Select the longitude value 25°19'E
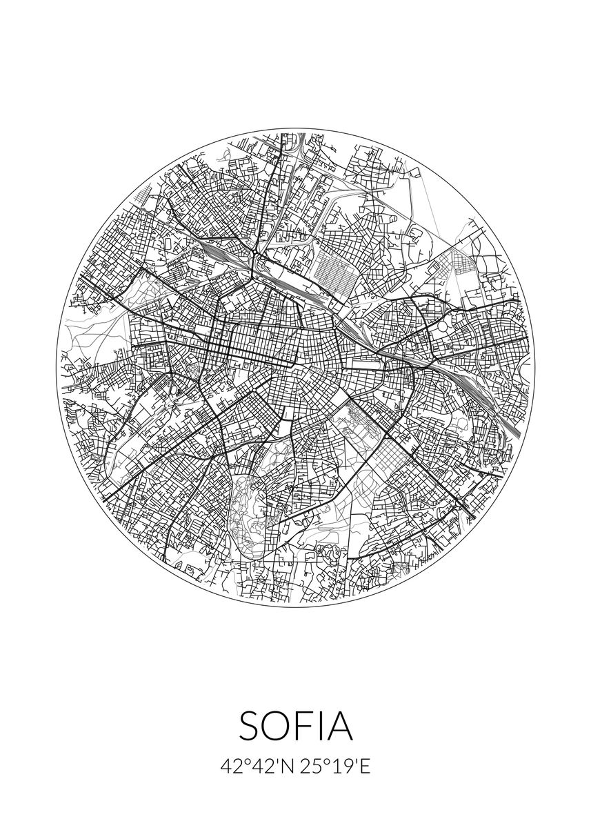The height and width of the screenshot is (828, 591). pyautogui.click(x=334, y=767)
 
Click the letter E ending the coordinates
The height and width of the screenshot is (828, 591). pyautogui.click(x=365, y=767)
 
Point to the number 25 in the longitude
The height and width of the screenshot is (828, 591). pyautogui.click(x=309, y=767)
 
